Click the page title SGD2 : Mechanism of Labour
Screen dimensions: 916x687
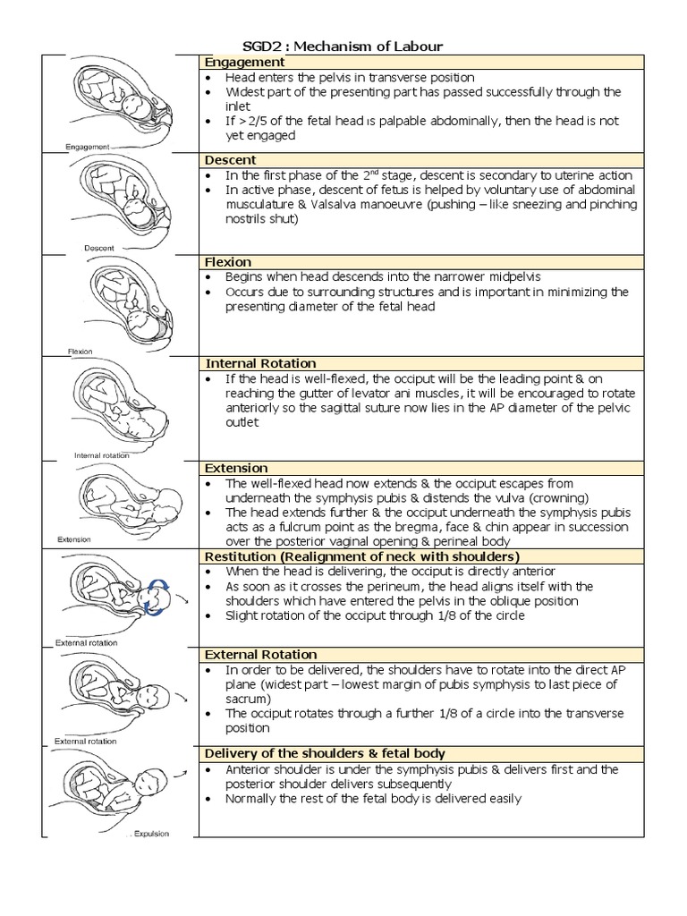(x=343, y=46)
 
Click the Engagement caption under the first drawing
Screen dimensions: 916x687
(x=88, y=147)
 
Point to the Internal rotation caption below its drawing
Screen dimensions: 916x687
(x=101, y=455)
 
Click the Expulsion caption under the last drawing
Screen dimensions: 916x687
(x=151, y=834)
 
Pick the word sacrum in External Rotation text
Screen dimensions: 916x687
(x=248, y=699)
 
